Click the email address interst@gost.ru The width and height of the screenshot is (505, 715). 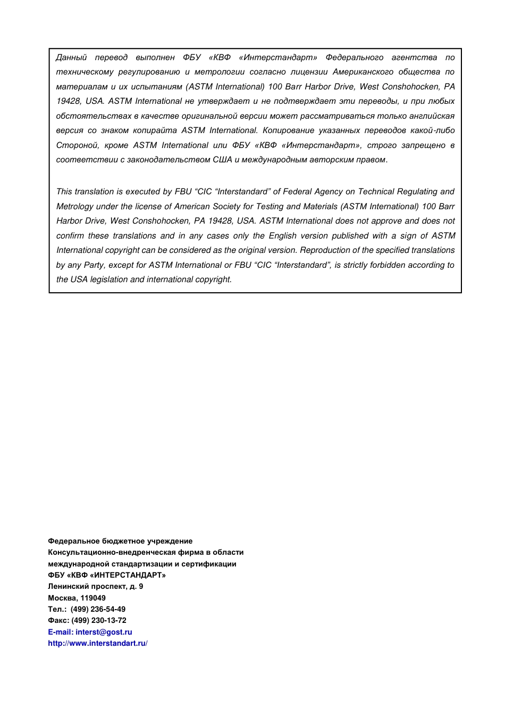tap(104, 632)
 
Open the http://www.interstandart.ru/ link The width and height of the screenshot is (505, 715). tap(97, 643)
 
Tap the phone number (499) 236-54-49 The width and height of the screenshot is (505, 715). tap(98, 609)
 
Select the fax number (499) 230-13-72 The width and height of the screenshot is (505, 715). tap(99, 620)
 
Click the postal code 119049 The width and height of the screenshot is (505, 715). tap(93, 598)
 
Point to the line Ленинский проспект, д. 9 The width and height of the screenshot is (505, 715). tap(95, 586)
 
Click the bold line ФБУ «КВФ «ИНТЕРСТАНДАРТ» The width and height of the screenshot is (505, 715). tap(106, 575)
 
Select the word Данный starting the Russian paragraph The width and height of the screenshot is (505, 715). tap(71, 57)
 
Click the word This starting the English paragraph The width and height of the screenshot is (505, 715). tap(64, 192)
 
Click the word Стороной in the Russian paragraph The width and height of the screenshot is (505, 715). tap(77, 145)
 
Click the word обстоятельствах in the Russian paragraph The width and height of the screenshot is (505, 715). tap(94, 116)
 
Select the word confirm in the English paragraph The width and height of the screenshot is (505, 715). tap(70, 236)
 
